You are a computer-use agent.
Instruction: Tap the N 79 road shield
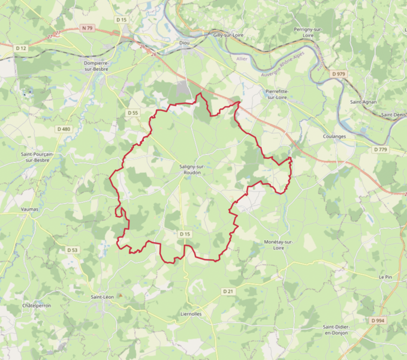coord(88,28)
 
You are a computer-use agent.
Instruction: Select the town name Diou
coord(185,43)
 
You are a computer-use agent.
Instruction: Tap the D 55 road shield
coord(132,113)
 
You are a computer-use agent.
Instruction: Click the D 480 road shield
coord(64,129)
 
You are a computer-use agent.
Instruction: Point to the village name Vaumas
coord(29,209)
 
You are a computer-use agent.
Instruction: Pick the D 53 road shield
coord(72,250)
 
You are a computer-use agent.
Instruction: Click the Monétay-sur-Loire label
coord(278,244)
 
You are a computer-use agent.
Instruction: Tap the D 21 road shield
coord(227,291)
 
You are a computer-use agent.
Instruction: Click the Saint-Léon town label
coord(102,297)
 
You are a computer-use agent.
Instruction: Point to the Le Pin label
coord(385,277)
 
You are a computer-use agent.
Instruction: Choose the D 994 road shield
coord(377,321)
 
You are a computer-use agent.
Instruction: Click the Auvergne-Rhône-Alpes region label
coord(284,71)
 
